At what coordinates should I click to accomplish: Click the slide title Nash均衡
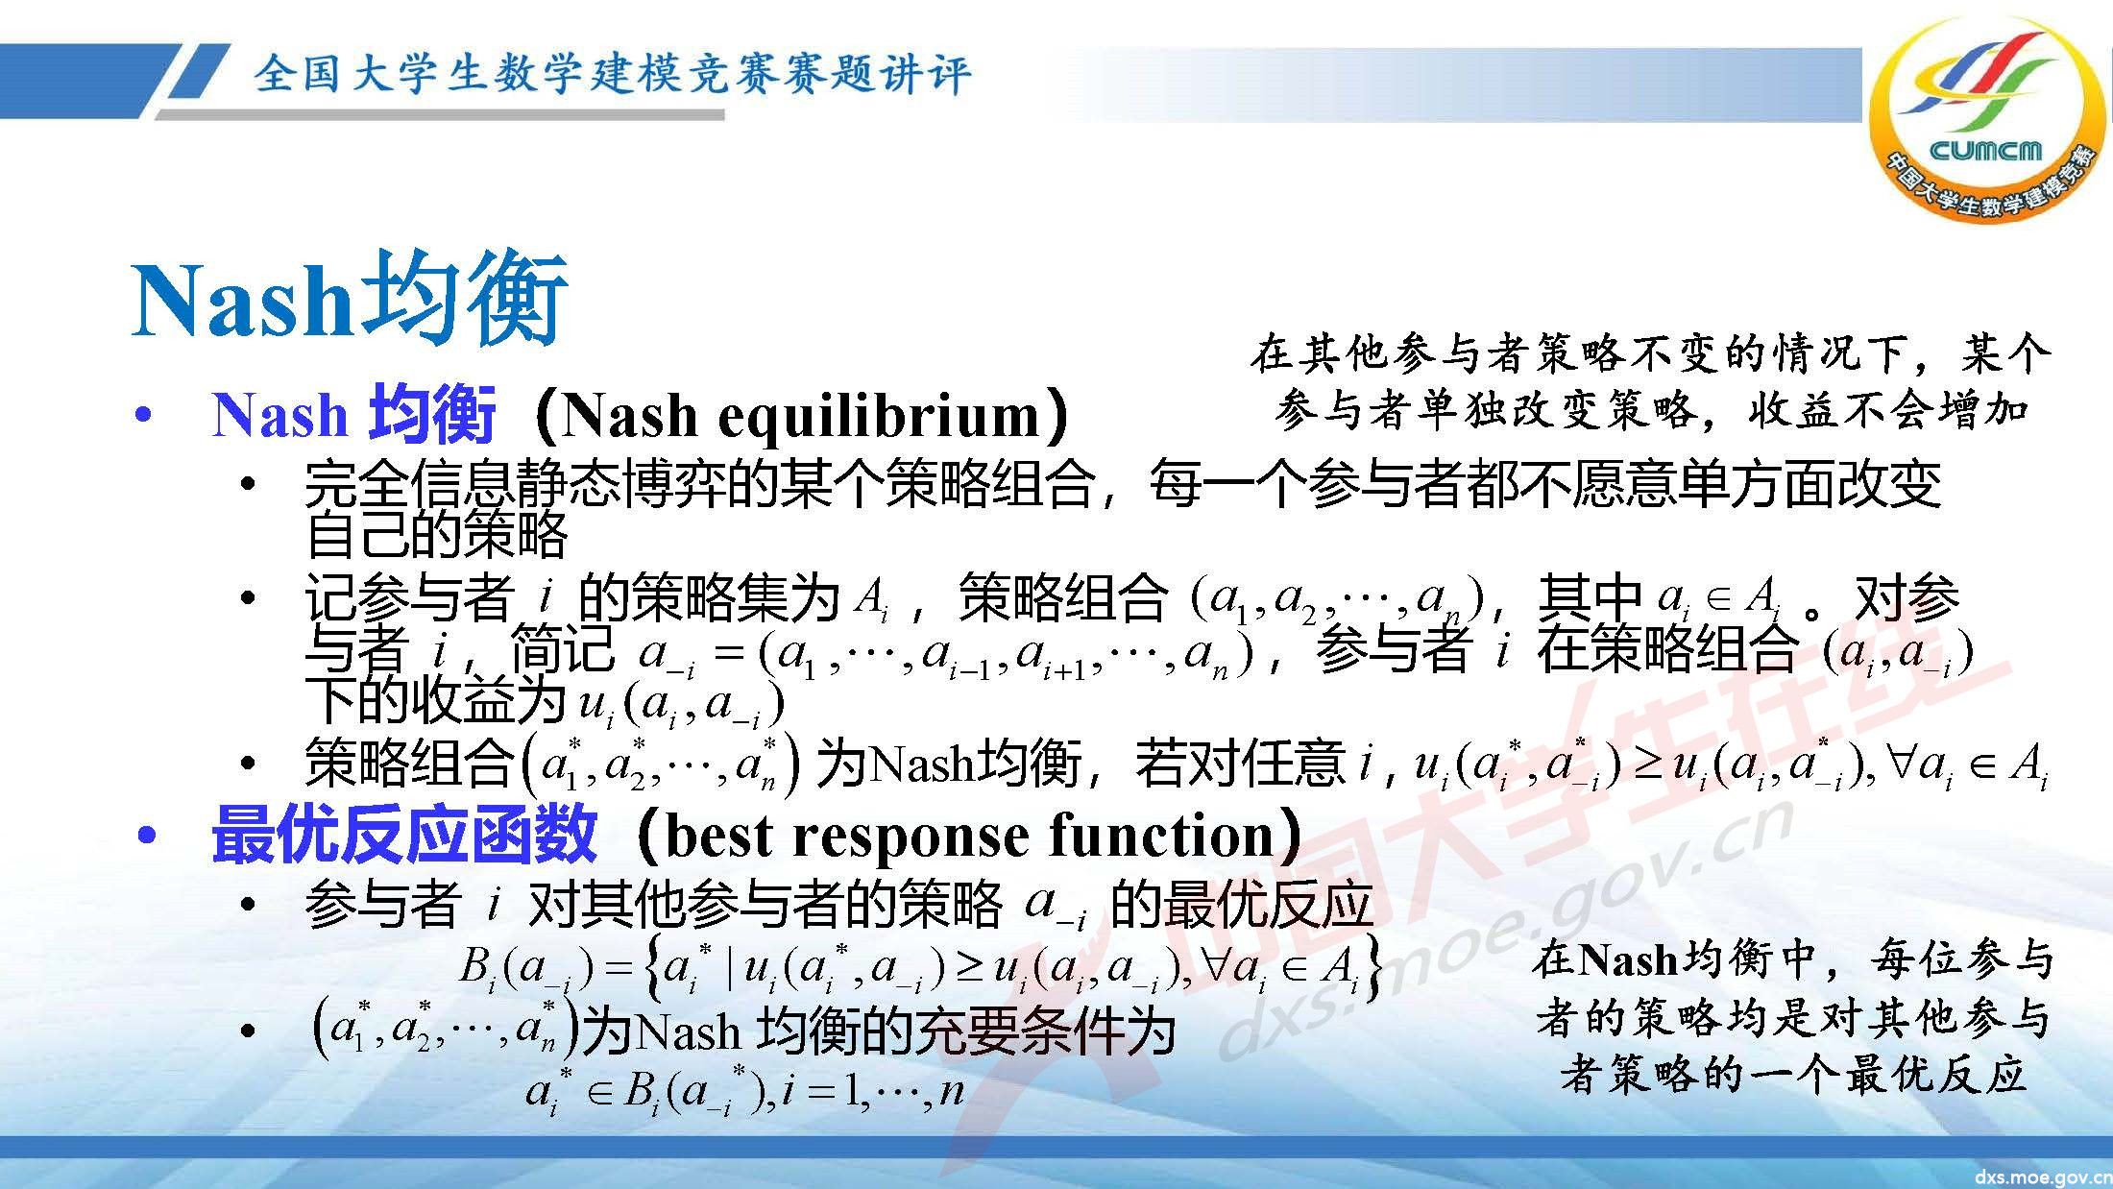click(350, 299)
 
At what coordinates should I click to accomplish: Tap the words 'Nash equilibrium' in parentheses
click(801, 416)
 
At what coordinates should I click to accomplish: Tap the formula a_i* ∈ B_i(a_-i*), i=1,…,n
click(744, 1092)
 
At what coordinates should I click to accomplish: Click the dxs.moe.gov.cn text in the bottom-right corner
click(2042, 1177)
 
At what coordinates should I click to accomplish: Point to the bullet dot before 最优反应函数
click(146, 836)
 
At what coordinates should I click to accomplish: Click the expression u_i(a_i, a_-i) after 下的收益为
click(681, 705)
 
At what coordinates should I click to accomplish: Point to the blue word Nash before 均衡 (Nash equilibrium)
click(279, 416)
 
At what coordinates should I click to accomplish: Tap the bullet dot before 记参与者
click(248, 599)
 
